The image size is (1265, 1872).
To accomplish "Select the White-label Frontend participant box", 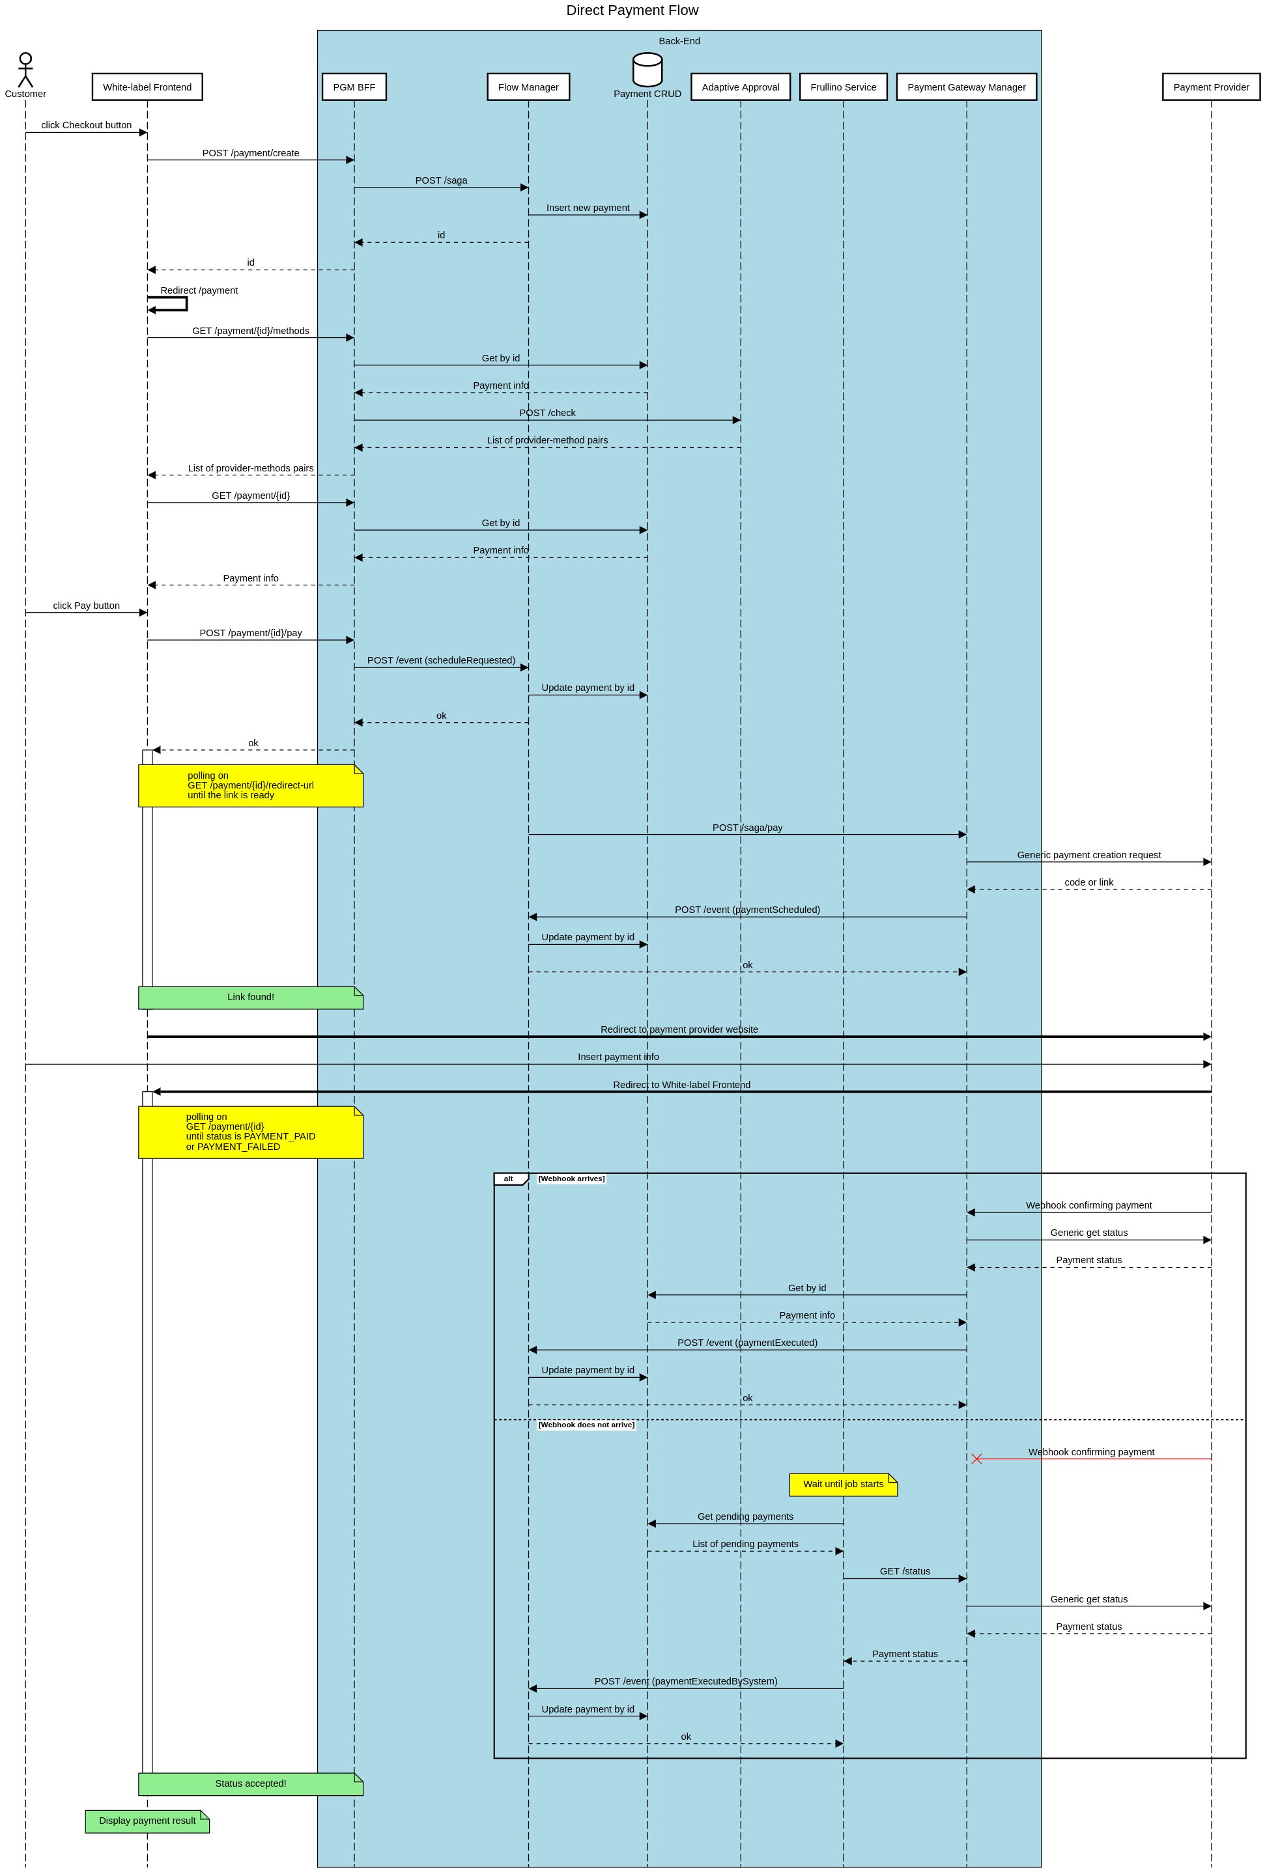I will point(147,87).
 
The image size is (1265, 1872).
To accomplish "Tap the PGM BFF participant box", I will point(354,87).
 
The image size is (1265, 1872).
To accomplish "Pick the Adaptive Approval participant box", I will point(740,87).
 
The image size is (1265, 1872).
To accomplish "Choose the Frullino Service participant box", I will point(843,87).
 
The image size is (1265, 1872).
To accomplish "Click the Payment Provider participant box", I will point(1210,87).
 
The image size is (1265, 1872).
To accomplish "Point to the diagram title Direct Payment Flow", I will point(632,10).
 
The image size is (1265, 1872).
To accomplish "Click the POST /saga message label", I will point(441,180).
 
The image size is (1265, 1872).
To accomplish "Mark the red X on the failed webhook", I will point(976,1459).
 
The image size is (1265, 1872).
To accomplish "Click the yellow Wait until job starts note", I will point(843,1484).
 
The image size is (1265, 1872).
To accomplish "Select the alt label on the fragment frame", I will point(509,1179).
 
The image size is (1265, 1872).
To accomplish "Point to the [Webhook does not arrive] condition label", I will point(586,1425).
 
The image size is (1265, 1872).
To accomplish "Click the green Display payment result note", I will point(147,1821).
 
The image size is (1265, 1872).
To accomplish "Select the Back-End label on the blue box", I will point(679,41).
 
